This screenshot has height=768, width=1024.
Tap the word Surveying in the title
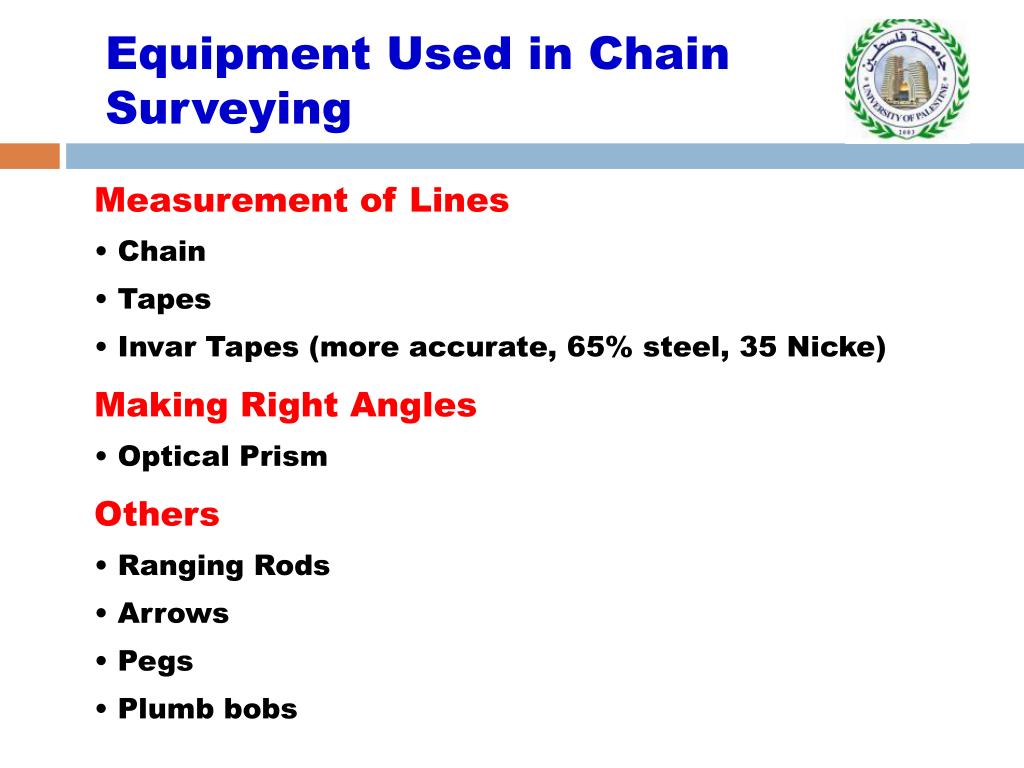[x=228, y=108]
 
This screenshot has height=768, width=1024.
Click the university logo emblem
[x=906, y=80]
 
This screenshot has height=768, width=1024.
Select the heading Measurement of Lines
[x=302, y=201]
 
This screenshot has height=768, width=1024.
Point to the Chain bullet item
[x=161, y=252]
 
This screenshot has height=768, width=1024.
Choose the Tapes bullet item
[x=164, y=299]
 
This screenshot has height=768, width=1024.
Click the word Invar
[x=158, y=347]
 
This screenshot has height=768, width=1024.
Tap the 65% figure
[x=596, y=347]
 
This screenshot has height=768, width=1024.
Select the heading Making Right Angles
[x=285, y=405]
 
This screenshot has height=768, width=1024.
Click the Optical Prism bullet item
[x=222, y=457]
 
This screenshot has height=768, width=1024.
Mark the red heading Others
[x=157, y=514]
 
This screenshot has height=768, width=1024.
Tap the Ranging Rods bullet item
[x=223, y=566]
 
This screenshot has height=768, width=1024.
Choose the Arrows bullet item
[x=173, y=613]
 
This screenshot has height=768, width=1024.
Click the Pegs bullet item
[x=155, y=661]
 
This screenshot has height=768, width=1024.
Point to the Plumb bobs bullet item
[x=207, y=709]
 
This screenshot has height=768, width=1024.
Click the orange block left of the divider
[x=29, y=156]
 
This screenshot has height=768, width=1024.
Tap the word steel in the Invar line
[x=684, y=347]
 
